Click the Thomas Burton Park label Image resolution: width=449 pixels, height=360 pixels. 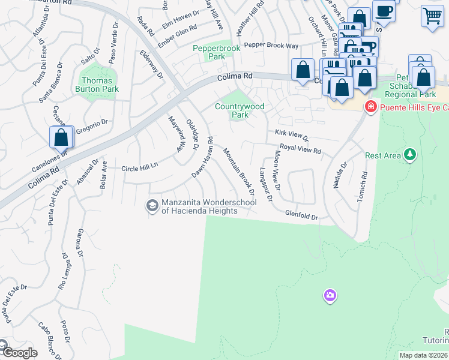pos(96,85)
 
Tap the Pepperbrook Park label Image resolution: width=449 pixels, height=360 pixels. pos(209,52)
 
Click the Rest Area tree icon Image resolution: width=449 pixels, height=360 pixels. pos(410,155)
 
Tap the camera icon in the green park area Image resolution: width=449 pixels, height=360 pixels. pos(330,295)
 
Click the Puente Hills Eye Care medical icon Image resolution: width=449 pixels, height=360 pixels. pos(370,107)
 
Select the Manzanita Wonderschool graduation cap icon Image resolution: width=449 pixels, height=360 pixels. pos(152,205)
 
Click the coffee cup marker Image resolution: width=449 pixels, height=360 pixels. pos(384,11)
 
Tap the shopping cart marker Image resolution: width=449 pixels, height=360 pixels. pos(432,17)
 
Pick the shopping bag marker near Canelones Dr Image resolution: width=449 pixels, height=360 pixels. pos(61,137)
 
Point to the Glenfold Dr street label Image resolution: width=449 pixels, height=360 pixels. pos(301,215)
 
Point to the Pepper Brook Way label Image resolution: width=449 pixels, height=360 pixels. pos(271,45)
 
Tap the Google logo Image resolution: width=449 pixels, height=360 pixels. pos(19,352)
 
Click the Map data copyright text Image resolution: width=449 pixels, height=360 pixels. pos(424,355)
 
